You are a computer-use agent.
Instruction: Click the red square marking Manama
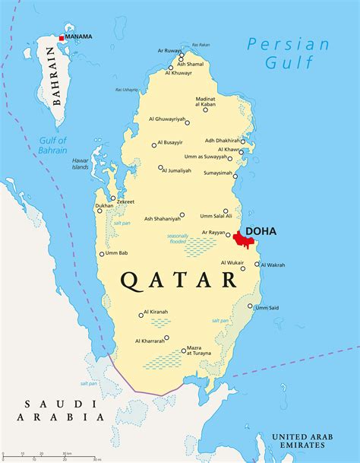pos(62,37)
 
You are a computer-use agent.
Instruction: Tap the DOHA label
pos(261,230)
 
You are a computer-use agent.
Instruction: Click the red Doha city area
pos(244,239)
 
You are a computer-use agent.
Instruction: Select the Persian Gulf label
pos(288,53)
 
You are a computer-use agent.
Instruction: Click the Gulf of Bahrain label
pos(53,144)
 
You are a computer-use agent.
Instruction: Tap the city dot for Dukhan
pos(99,211)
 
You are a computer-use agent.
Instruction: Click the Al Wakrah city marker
pos(257,265)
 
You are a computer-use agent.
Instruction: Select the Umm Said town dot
pos(250,306)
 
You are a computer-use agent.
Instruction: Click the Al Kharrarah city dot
pos(166,338)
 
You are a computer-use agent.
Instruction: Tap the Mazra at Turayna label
pos(200,351)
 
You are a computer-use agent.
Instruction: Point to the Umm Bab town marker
pos(102,254)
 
